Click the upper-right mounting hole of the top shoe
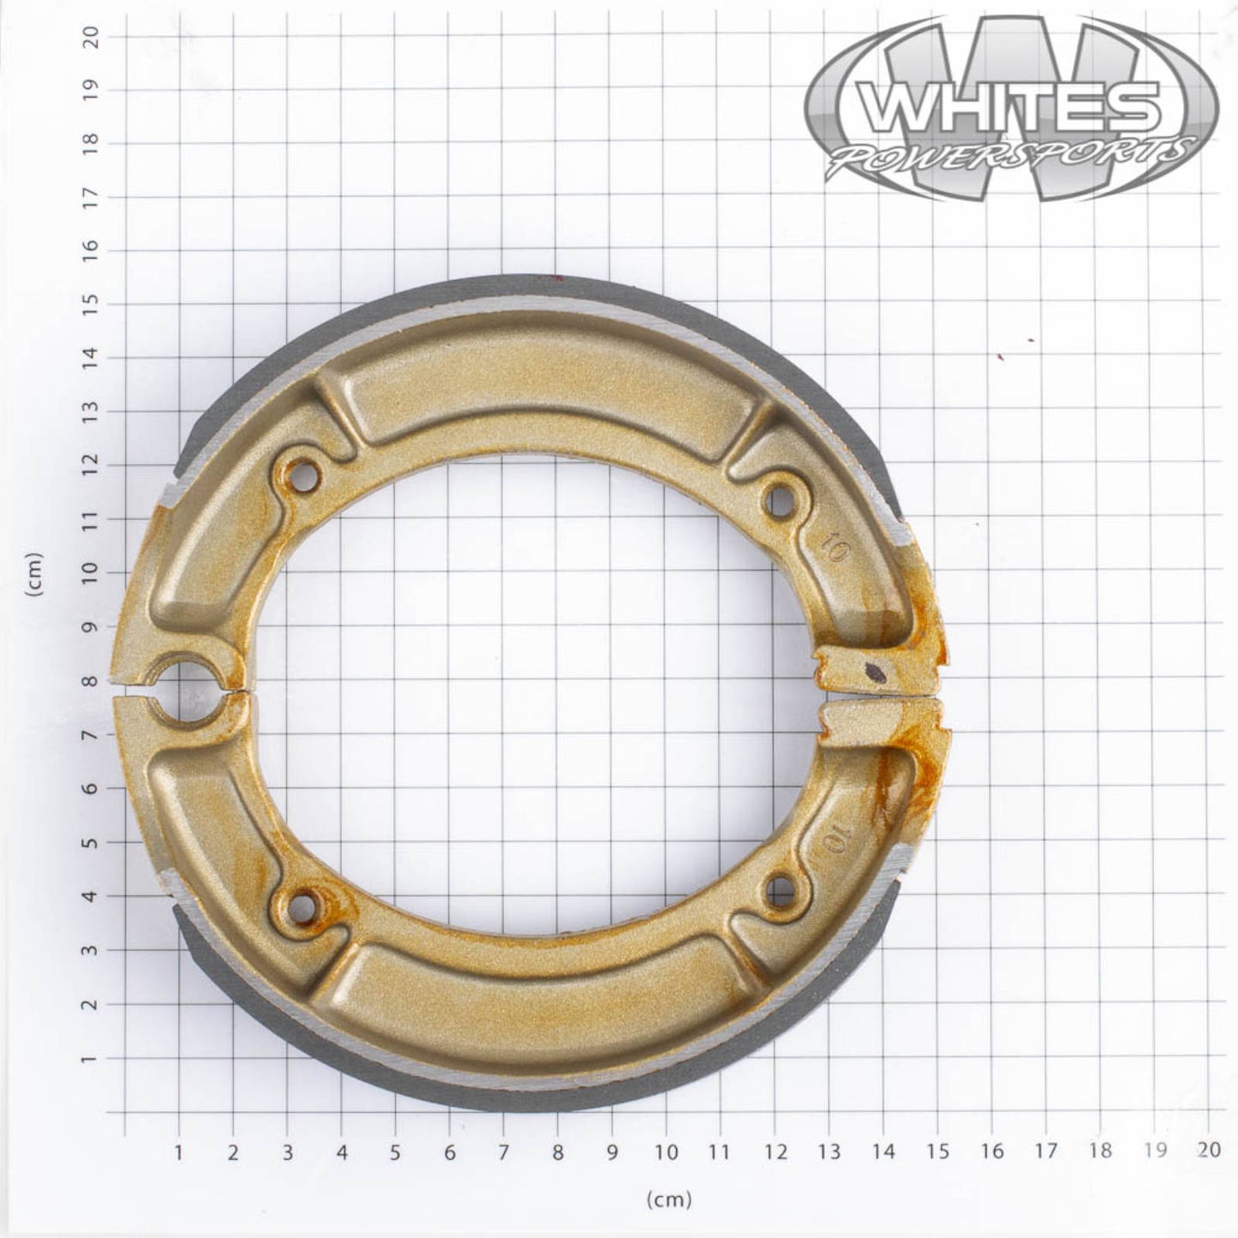click(x=780, y=499)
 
